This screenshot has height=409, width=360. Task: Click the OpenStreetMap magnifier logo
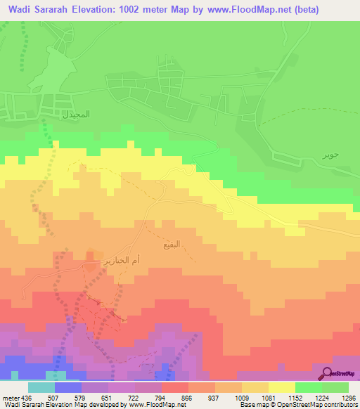tap(328, 373)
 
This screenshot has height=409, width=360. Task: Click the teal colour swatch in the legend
tap(41, 387)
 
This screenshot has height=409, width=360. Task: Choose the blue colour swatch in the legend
tap(67, 387)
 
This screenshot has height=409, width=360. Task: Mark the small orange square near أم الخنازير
tap(91, 255)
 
